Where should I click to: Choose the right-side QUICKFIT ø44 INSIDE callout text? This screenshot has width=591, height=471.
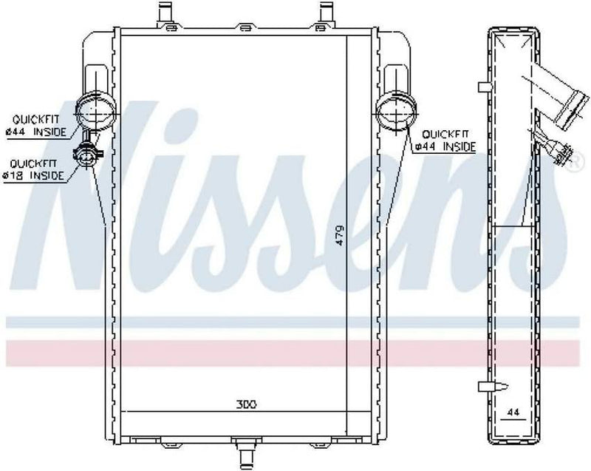444,140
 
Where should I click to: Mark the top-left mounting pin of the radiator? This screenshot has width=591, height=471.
164,13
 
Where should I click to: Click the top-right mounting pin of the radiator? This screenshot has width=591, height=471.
324,13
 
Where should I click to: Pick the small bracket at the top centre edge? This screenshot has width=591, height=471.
244,28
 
